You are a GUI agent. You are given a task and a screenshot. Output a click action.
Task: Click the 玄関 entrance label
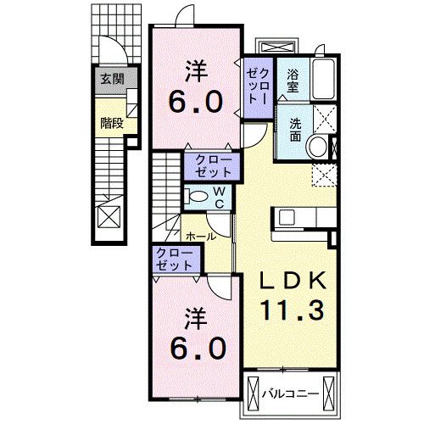coord(111,81)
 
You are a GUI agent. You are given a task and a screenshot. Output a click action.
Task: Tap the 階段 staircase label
coord(111,122)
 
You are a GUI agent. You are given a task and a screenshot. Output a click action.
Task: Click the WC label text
coord(217,197)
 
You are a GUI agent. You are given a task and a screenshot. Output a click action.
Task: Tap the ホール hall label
coord(199,236)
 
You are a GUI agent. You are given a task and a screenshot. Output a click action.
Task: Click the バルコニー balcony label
coord(288,393)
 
